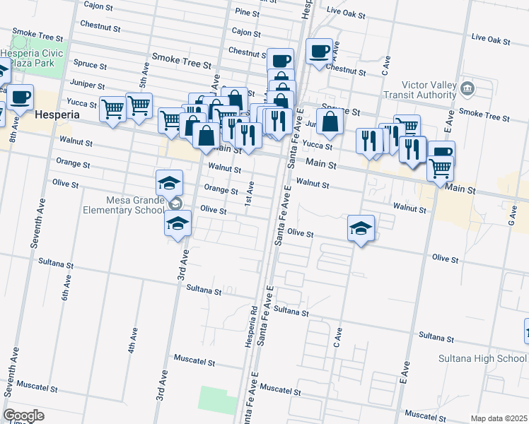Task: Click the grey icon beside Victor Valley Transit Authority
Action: point(467,89)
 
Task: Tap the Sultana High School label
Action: point(482,358)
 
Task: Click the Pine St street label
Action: point(248,13)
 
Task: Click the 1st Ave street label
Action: point(250,190)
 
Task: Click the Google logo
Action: point(23,416)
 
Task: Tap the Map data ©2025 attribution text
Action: point(499,418)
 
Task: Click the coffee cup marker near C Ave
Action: point(319,52)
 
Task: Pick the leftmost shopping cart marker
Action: point(112,110)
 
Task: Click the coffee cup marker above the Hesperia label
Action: point(21,97)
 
